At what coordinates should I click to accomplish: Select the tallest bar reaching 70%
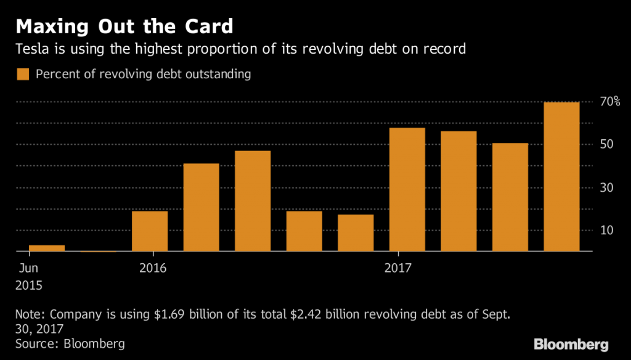[x=561, y=177]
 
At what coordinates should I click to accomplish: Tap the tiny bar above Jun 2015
[x=47, y=248]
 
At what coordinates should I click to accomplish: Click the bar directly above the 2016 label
[x=150, y=231]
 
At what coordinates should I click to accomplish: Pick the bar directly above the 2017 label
[x=407, y=190]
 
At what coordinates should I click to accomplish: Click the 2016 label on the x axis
[x=152, y=268]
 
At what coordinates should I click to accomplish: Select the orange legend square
[x=23, y=75]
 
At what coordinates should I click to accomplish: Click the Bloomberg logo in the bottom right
[x=571, y=343]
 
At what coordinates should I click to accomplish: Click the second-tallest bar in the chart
[x=407, y=190]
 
